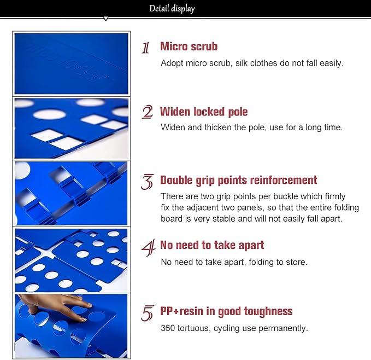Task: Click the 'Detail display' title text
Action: point(172,9)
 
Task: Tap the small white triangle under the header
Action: point(106,19)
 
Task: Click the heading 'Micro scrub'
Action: point(189,47)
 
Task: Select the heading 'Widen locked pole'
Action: point(204,112)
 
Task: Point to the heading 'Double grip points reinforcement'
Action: point(238,180)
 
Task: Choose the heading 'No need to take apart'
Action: point(212,245)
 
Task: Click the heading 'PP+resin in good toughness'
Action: point(226,311)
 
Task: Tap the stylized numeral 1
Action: point(145,48)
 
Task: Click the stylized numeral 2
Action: point(148,112)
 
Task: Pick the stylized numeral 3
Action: point(147,182)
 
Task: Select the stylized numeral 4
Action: point(149,248)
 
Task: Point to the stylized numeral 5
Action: point(148,313)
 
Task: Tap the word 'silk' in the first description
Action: point(242,63)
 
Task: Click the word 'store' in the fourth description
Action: point(297,262)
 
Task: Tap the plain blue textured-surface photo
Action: point(71,63)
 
